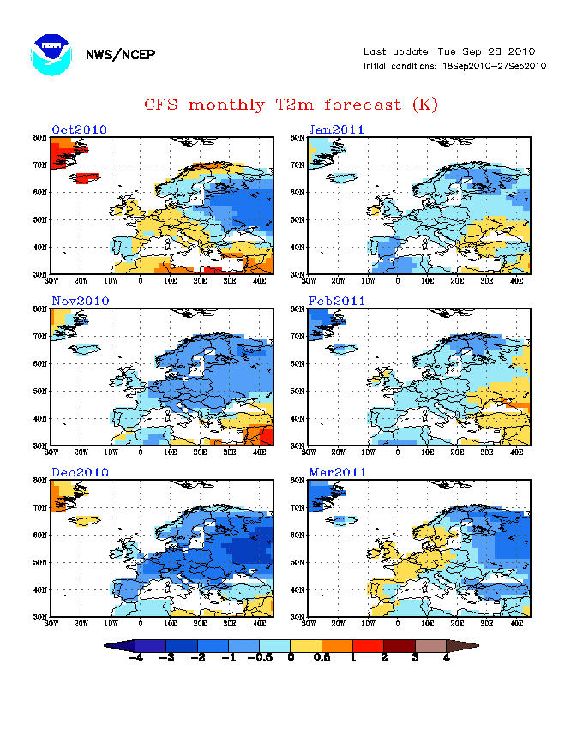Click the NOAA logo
[x=50, y=55]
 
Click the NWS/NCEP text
[x=120, y=55]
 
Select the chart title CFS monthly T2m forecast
[x=291, y=105]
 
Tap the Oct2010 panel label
[x=79, y=130]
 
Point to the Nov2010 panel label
[x=79, y=302]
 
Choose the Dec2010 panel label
[x=79, y=472]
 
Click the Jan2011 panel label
[x=336, y=130]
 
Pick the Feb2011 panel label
[x=336, y=302]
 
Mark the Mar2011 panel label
[x=336, y=472]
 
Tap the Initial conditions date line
[x=454, y=66]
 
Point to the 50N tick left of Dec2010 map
[x=40, y=562]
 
